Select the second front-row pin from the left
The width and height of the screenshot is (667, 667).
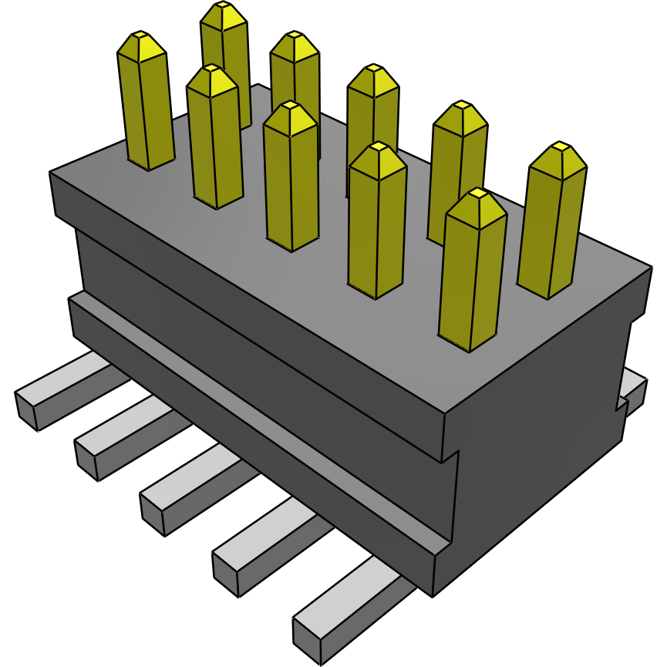(x=215, y=143)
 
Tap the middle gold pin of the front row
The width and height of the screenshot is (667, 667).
(x=291, y=181)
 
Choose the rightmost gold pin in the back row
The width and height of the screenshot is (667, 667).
(x=551, y=224)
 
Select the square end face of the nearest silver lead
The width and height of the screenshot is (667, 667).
(x=307, y=639)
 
